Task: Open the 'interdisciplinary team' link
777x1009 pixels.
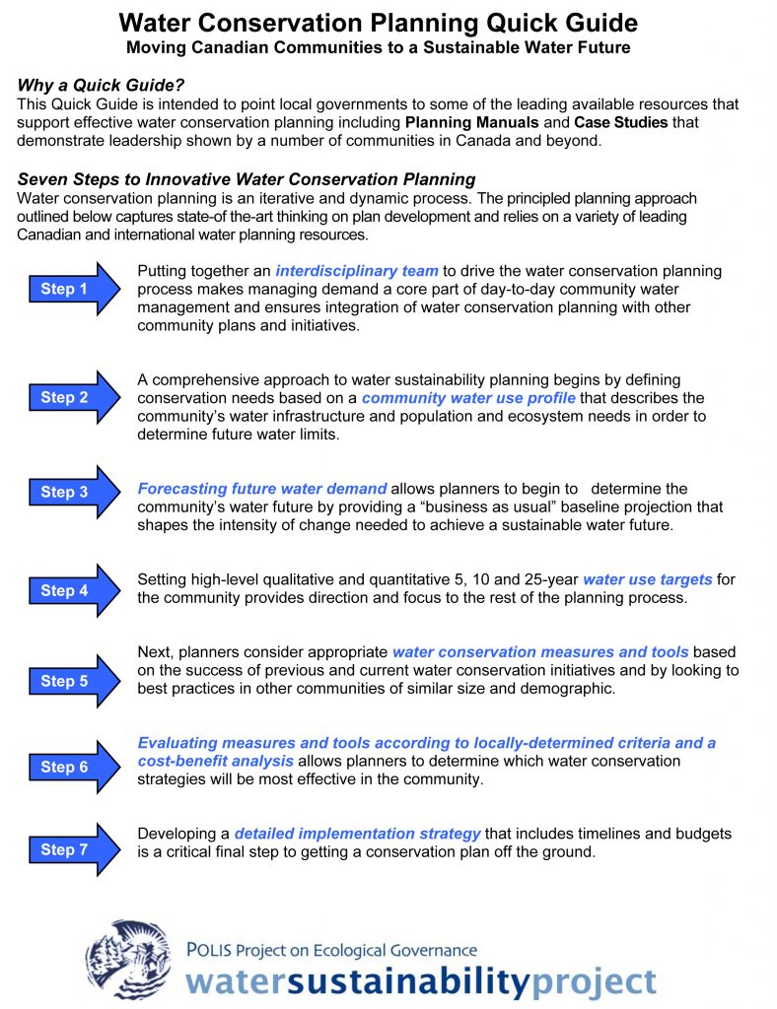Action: coord(357,271)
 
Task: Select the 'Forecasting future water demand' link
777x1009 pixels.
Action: coord(262,489)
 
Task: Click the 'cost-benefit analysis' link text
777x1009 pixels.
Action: coord(215,762)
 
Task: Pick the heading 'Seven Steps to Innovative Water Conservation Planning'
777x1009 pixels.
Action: coord(247,179)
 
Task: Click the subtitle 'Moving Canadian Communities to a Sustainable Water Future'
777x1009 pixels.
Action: coord(378,47)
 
